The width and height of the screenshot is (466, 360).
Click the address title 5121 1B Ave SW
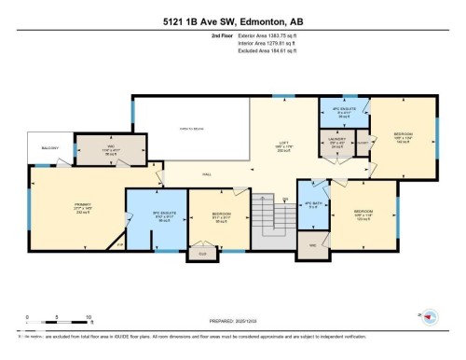pos(233,10)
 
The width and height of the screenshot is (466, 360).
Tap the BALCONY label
pos(47,147)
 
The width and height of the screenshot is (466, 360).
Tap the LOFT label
pos(282,145)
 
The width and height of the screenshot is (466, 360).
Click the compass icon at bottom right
pos(429,317)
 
